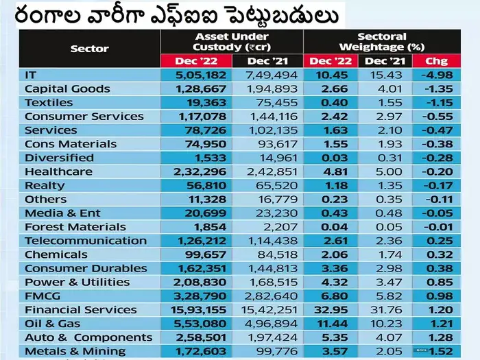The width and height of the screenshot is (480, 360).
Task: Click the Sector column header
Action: tap(89, 49)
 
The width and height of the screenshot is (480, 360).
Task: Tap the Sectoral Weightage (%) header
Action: tap(381, 41)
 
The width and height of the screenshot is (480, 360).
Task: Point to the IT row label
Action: tap(30, 75)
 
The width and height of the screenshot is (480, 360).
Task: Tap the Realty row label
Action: tap(45, 185)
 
